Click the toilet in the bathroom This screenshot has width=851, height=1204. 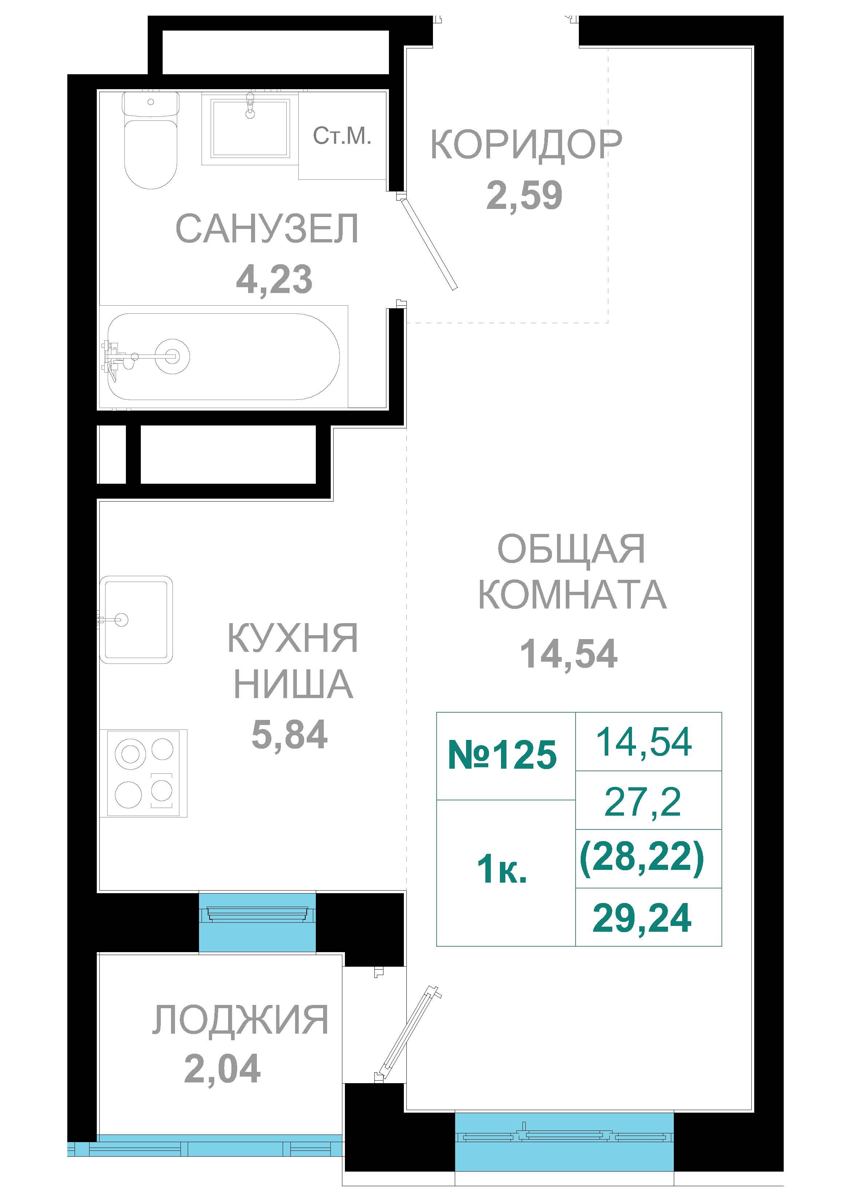point(151,140)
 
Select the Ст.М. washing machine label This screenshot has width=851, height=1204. point(342,136)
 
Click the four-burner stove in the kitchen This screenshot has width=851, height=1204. point(147,773)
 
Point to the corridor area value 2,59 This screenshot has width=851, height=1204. point(524,195)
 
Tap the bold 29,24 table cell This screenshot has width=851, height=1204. point(649,917)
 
